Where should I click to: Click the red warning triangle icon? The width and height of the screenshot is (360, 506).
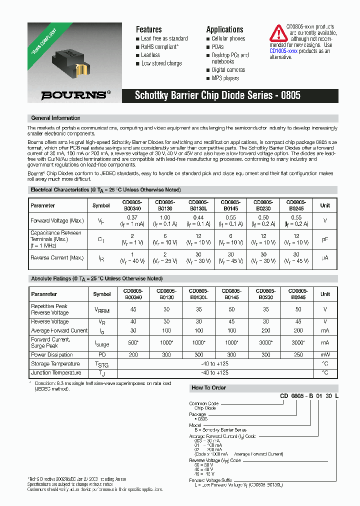click(278, 33)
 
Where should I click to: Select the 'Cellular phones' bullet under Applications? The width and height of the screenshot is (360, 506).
click(228, 38)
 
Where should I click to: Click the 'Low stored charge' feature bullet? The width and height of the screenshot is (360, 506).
click(161, 63)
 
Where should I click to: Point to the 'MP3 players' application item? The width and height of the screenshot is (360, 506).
click(225, 78)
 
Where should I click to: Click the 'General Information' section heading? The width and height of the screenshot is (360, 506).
click(55, 118)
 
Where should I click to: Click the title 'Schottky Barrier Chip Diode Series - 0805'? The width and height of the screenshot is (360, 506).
click(217, 95)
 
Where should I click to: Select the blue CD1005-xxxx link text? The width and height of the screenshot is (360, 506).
click(283, 51)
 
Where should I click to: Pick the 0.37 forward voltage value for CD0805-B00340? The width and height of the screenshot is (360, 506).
click(132, 217)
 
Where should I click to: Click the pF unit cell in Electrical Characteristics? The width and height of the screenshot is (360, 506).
click(325, 239)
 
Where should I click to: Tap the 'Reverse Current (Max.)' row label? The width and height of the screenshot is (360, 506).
click(57, 257)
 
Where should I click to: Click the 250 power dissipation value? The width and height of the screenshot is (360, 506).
click(299, 354)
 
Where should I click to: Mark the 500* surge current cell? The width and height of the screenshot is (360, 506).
click(133, 342)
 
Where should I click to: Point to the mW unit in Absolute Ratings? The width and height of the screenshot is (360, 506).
click(325, 354)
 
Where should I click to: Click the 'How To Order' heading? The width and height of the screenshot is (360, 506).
click(209, 387)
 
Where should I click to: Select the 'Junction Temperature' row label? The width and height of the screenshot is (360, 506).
click(56, 372)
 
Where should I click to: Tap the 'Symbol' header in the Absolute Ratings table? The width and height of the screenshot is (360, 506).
click(102, 294)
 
